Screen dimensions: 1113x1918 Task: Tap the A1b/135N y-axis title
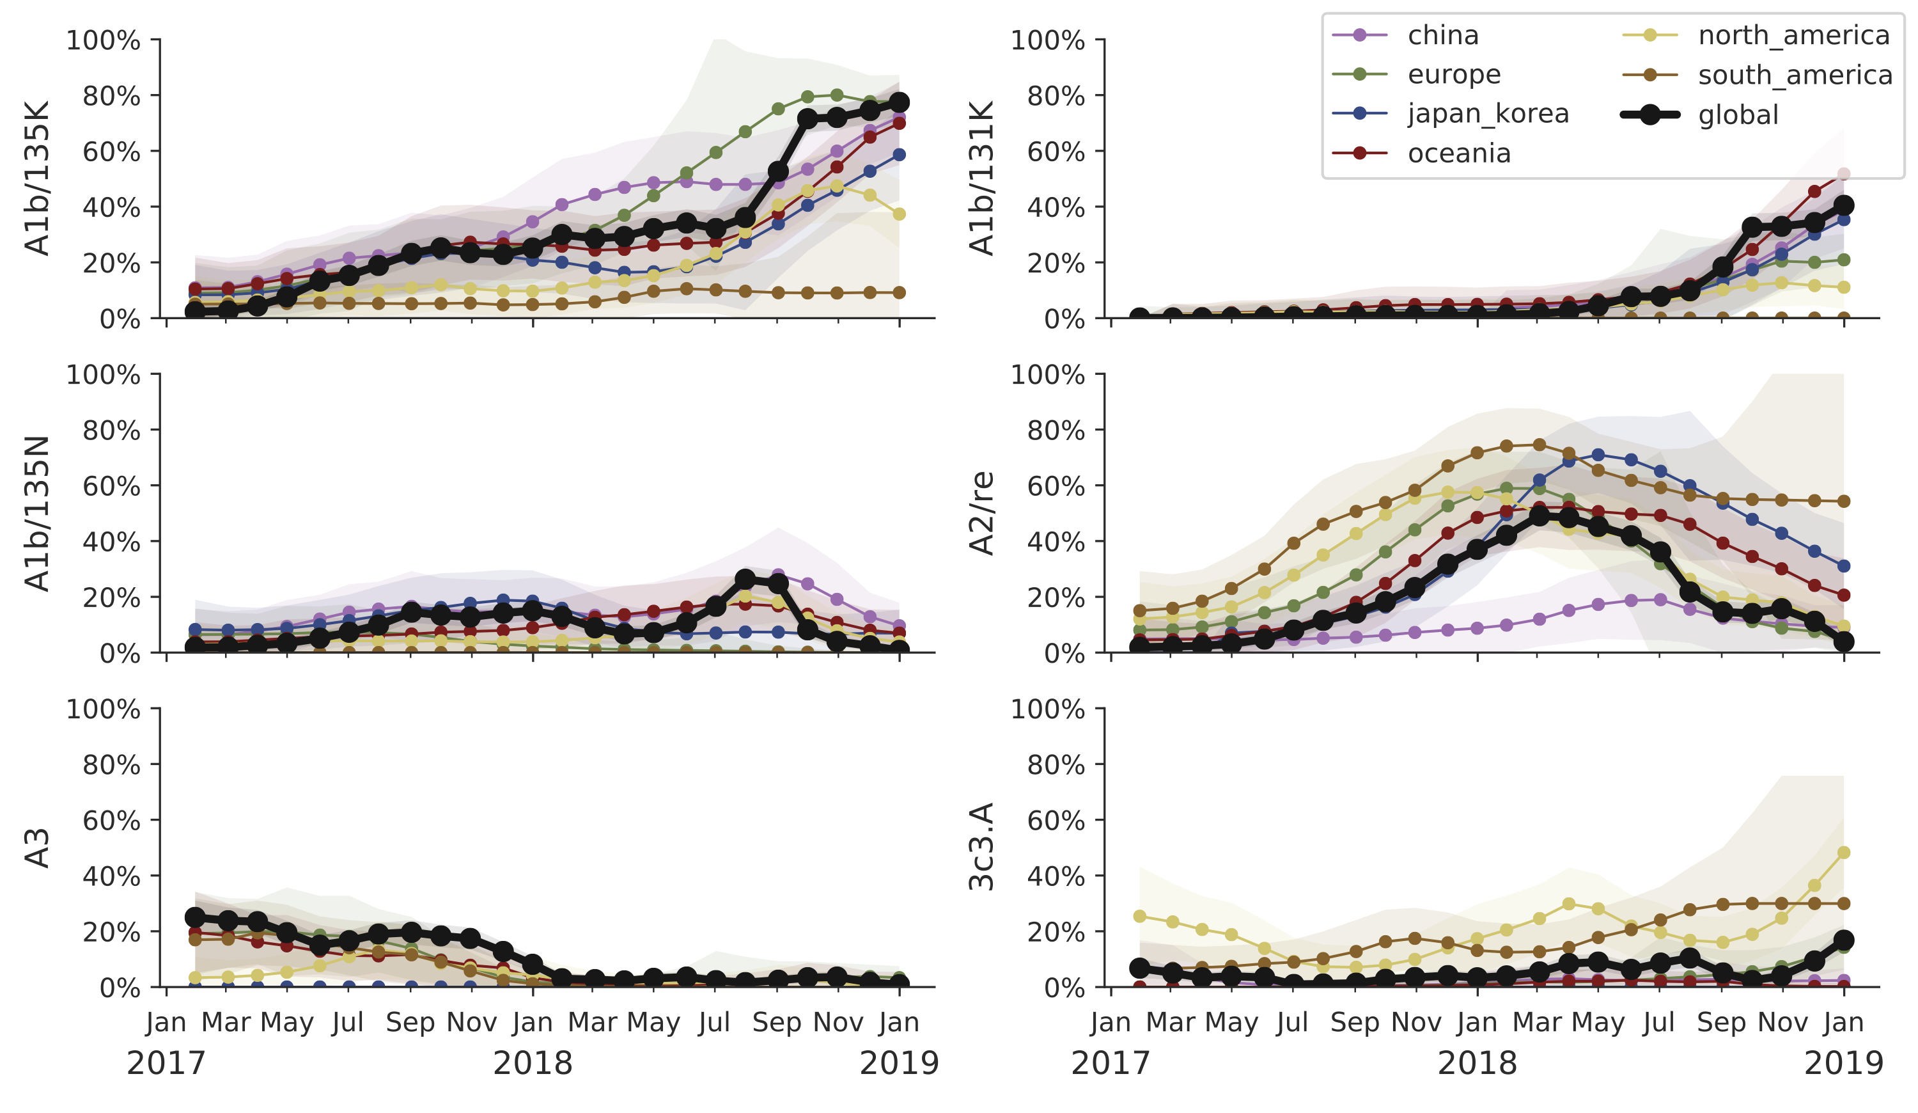[36, 513]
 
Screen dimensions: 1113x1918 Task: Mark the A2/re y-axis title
[981, 513]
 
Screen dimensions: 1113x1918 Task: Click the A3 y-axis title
[36, 848]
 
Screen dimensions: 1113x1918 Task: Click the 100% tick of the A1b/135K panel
[104, 40]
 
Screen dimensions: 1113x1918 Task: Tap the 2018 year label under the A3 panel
[533, 1062]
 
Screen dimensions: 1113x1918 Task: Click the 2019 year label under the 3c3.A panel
[1843, 1062]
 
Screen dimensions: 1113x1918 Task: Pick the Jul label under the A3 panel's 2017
[348, 1022]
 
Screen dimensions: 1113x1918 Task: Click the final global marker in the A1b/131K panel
[1843, 205]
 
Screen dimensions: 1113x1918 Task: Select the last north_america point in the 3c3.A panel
[1843, 853]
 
